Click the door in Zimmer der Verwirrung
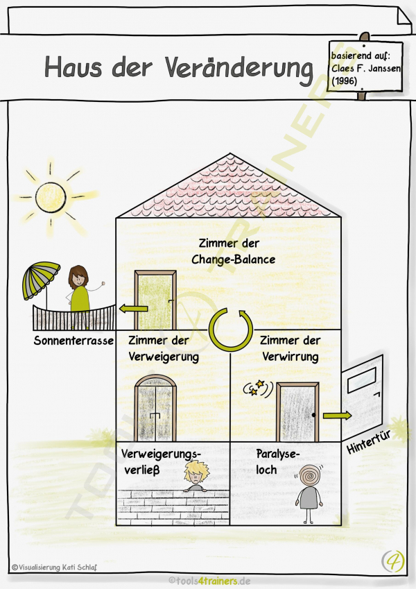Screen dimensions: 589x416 [297, 412]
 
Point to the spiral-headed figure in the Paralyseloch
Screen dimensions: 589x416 [309, 493]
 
